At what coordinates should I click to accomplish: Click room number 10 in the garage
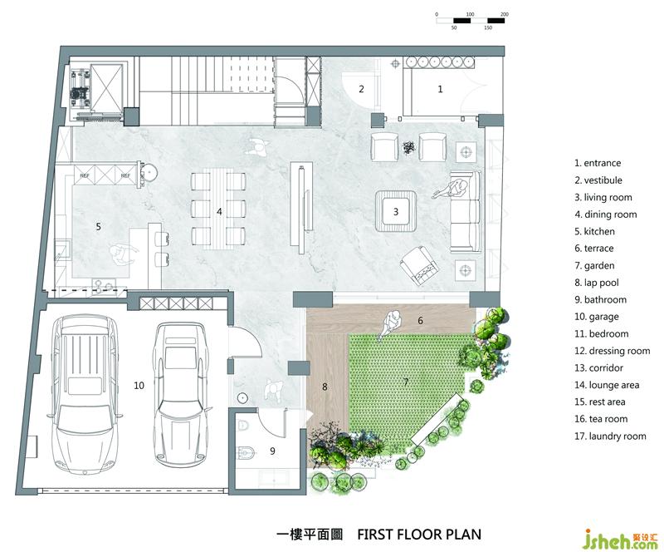point(139,386)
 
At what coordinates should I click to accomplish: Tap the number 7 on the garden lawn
point(406,382)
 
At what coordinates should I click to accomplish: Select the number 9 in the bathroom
point(273,451)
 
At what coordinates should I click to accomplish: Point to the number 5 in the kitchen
point(98,227)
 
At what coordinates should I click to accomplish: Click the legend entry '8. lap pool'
point(597,283)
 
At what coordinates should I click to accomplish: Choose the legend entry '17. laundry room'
point(610,436)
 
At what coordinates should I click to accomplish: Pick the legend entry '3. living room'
point(603,197)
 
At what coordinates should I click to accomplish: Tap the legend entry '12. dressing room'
point(613,351)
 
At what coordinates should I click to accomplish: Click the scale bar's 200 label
point(505,14)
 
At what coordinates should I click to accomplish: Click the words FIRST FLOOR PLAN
point(419,535)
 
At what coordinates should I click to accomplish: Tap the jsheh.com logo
point(620,540)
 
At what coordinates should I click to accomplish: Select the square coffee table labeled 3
point(396,211)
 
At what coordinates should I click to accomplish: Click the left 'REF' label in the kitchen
point(85,175)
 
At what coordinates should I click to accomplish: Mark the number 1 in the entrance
point(440,89)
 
